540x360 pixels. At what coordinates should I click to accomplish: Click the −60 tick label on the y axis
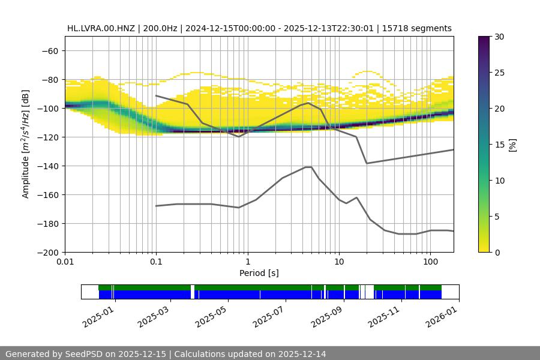(x=49, y=50)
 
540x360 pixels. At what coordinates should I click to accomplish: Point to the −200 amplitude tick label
(x=47, y=252)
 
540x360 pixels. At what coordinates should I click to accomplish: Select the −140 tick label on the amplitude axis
(x=47, y=166)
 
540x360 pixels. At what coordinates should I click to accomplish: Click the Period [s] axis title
(x=259, y=274)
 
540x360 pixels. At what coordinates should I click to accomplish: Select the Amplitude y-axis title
(x=26, y=144)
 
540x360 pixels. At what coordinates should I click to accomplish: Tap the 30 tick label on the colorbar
(x=499, y=37)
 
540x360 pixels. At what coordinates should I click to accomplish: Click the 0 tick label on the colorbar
(x=497, y=252)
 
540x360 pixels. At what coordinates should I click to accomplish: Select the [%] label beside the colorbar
(x=512, y=144)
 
